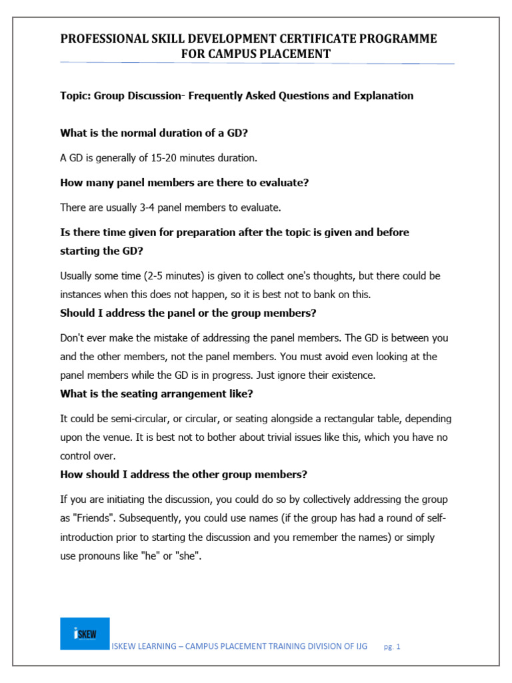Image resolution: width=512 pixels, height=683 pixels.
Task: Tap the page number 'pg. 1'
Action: point(392,646)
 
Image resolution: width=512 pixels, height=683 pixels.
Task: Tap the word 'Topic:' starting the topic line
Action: point(75,95)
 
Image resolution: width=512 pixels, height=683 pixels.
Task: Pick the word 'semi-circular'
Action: point(128,418)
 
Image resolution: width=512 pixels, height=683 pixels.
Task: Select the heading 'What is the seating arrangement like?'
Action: point(157,394)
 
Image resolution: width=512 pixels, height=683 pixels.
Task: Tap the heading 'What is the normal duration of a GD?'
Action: point(154,133)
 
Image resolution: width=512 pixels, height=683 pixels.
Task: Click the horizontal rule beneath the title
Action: point(257,63)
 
